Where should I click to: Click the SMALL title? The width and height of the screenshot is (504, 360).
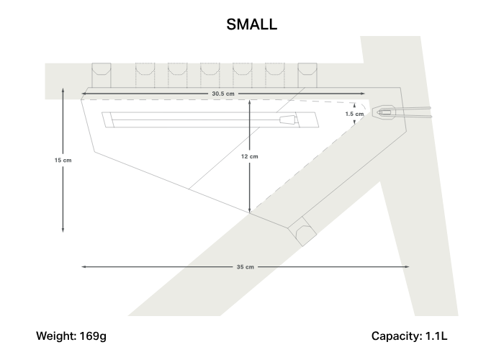252,24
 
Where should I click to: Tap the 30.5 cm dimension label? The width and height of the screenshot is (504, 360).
223,94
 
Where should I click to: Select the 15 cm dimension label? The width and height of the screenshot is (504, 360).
63,160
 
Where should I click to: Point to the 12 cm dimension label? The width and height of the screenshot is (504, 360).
249,156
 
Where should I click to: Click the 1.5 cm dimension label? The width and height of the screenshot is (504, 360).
354,114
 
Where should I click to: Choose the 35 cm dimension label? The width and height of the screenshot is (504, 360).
246,267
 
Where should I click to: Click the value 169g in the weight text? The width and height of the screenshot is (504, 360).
93,336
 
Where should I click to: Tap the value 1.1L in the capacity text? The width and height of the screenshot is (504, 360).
436,336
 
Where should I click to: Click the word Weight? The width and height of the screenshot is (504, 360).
57,336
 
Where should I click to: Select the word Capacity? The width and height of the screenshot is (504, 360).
397,336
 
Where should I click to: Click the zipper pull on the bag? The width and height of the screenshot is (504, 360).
288,120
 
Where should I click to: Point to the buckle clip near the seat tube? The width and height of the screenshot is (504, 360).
384,112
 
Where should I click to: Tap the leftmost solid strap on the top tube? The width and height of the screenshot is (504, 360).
102,75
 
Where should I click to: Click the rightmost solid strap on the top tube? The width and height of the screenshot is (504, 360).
307,75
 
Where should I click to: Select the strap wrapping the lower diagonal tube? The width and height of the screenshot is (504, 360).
302,231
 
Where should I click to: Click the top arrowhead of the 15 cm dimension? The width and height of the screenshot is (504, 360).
63,90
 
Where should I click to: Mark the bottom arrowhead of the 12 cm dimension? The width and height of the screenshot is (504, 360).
249,210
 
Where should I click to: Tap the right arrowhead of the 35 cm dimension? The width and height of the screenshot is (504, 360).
407,267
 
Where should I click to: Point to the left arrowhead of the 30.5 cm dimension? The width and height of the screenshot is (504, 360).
84,94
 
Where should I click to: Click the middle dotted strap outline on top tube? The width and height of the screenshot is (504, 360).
210,75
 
